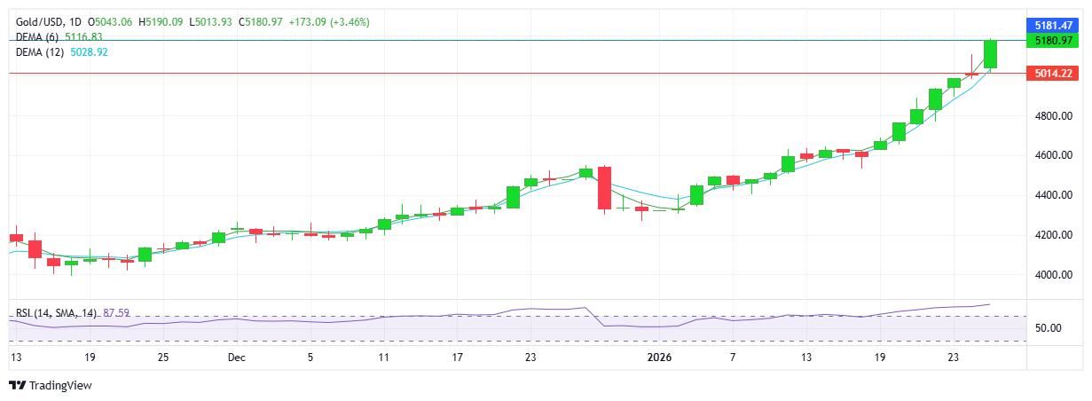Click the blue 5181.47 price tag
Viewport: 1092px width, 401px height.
[1055, 26]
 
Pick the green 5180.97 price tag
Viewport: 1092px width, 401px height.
[1055, 41]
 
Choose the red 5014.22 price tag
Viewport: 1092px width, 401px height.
[1055, 74]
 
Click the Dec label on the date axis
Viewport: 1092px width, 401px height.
[236, 358]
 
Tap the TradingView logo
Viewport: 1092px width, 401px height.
[51, 386]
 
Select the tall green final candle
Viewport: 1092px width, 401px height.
[991, 54]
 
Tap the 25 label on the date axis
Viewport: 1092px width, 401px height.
[162, 358]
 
